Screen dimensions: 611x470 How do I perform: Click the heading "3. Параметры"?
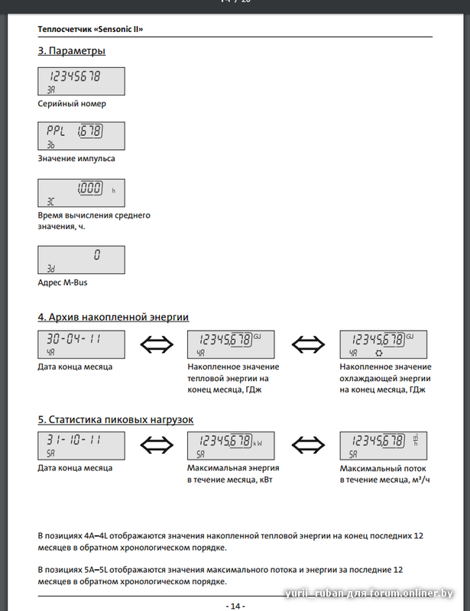tap(72, 51)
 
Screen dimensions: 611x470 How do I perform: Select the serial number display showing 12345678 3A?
tap(81, 81)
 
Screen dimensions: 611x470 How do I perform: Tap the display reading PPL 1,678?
tap(81, 136)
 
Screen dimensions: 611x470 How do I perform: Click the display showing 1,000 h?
tap(81, 192)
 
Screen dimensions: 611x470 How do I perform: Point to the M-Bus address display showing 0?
tap(81, 260)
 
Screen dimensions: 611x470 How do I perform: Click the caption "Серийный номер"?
tap(72, 103)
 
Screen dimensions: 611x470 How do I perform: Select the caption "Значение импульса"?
tap(76, 159)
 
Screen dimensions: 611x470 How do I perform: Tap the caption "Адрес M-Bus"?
tap(63, 282)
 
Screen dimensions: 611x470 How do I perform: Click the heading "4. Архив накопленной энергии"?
tap(113, 317)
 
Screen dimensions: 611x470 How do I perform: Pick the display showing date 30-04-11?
tap(81, 344)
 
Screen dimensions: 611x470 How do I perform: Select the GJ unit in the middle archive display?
tap(258, 336)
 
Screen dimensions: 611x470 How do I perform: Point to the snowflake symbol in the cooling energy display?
tap(378, 354)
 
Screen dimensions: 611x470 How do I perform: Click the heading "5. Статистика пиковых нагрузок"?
tap(115, 419)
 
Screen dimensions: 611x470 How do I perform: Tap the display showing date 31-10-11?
tap(81, 446)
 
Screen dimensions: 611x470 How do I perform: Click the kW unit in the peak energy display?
tap(258, 442)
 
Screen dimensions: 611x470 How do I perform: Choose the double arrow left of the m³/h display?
tap(309, 446)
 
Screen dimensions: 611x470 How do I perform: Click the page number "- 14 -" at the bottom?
tap(235, 606)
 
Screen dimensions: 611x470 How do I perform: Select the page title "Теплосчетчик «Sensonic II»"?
tap(91, 29)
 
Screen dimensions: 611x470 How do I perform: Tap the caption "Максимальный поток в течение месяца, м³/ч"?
tap(383, 474)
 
